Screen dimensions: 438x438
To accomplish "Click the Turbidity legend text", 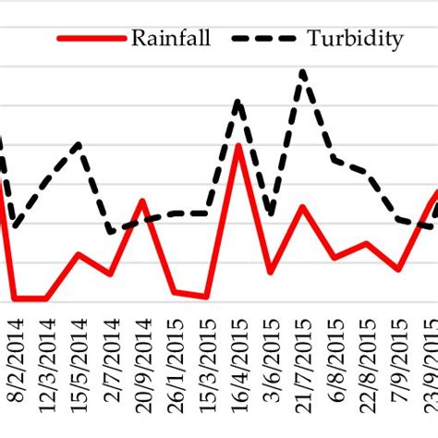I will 356,38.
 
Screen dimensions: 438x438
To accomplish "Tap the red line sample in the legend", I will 90,39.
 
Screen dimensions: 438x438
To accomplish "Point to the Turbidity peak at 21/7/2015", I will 303,70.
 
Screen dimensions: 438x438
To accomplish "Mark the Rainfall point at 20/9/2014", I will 142,201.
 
